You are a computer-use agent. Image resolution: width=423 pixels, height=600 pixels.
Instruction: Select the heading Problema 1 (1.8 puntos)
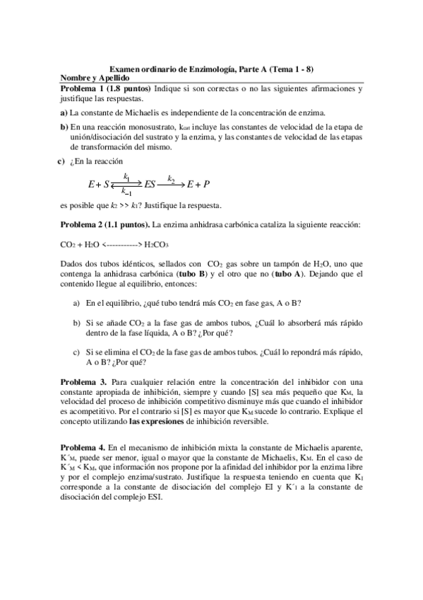click(x=106, y=88)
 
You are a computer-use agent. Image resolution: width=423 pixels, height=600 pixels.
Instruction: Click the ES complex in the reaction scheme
click(x=150, y=185)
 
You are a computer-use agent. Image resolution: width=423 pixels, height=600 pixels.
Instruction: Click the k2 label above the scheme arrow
click(x=171, y=178)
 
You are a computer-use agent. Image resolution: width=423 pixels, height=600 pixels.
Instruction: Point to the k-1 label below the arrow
click(x=126, y=192)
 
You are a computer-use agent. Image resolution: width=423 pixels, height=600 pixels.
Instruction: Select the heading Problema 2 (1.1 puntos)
click(x=106, y=225)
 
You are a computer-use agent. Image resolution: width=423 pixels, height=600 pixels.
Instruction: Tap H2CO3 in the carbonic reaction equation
click(x=156, y=246)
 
